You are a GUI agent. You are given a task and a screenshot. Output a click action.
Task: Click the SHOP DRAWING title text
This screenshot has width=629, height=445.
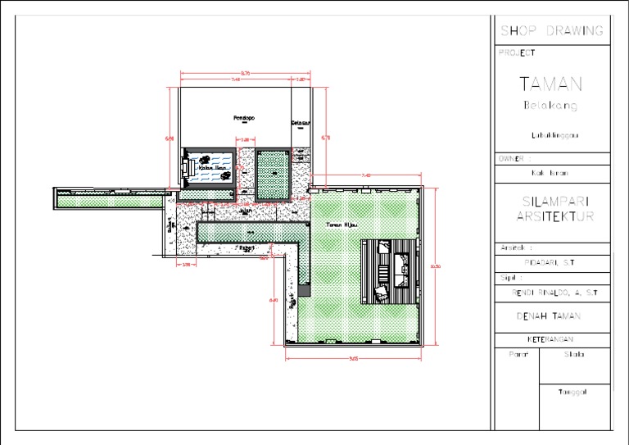point(552,31)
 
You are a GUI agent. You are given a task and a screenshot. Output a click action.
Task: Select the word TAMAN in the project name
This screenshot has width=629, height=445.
point(551,84)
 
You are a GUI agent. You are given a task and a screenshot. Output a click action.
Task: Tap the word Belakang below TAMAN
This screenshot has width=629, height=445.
point(550,106)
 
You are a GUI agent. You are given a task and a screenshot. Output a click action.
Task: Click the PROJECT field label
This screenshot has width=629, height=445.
point(516,52)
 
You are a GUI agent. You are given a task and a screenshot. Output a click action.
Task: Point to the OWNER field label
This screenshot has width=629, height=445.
point(514,158)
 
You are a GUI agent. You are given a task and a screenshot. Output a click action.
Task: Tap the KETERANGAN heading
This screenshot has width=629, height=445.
point(550,339)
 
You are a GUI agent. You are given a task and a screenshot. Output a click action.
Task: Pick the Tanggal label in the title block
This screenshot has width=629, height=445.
point(573,392)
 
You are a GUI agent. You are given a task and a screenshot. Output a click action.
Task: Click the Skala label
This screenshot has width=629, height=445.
point(573,355)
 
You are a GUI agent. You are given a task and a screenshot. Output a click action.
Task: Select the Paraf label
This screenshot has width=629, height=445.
point(517,355)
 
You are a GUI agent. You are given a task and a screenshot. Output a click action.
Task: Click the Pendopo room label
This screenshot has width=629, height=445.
point(244,118)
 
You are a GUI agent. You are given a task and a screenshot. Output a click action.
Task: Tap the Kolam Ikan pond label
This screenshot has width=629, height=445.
point(212,169)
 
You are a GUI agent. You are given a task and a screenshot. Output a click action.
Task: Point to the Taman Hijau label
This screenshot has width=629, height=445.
point(340,224)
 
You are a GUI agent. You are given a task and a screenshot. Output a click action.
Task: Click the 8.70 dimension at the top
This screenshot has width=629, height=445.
point(246,73)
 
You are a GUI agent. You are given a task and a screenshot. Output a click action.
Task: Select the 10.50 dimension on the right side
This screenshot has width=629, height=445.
point(435,266)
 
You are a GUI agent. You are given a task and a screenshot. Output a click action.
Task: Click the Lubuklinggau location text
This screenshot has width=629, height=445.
point(550,135)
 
